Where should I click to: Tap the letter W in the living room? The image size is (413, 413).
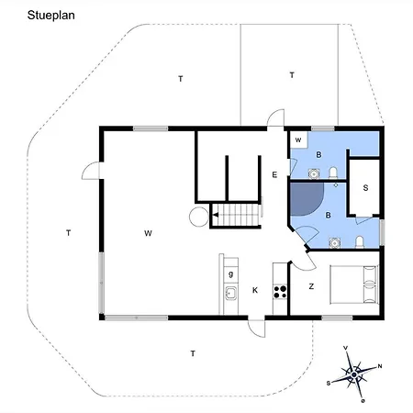148,233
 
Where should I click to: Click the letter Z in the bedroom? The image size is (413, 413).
311,286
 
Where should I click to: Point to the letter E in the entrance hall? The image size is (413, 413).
273,174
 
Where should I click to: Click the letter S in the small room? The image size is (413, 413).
365,188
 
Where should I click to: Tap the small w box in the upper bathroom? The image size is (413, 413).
298,140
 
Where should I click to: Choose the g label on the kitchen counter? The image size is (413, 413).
230,273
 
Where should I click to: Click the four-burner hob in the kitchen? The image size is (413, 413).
281,293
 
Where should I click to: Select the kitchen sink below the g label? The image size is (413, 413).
229,294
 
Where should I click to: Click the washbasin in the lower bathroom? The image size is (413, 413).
334,241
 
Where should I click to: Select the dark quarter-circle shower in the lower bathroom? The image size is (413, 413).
306,205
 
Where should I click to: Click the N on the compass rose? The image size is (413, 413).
379,365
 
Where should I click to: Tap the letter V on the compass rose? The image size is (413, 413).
344,349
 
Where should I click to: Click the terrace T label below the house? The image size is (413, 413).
193,353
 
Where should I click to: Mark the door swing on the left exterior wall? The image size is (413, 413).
91,171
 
